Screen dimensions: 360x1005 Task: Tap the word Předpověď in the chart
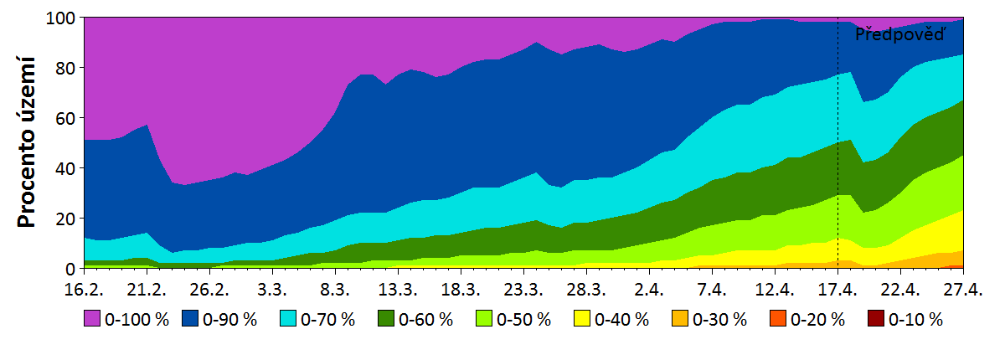coord(899,34)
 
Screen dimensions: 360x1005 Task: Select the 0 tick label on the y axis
coord(71,269)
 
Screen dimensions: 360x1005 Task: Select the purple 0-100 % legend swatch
coord(91,319)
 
